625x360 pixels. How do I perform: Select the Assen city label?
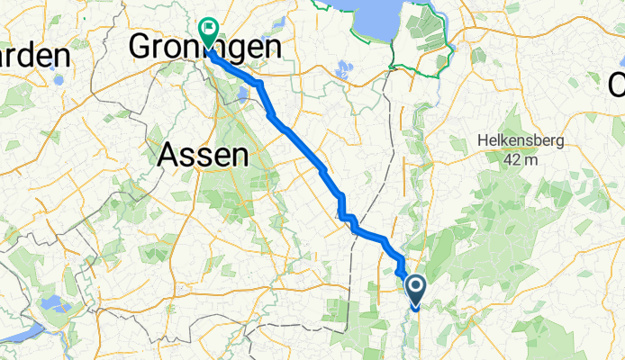coord(203,156)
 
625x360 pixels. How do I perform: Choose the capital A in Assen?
coord(168,156)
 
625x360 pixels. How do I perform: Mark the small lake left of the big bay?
coord(342,67)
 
